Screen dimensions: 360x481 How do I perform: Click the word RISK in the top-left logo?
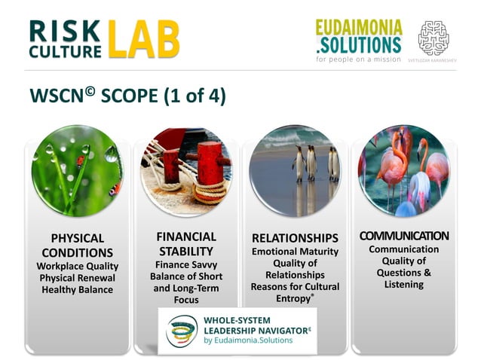click(64, 29)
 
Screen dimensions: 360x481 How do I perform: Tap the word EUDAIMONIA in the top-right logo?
click(358, 26)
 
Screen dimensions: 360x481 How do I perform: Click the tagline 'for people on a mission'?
click(359, 58)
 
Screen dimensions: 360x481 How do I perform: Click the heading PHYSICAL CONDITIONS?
click(77, 246)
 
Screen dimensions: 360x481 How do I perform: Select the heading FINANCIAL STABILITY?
click(187, 243)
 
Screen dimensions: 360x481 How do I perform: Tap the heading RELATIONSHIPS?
click(295, 238)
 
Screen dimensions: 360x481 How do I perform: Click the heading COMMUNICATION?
click(403, 236)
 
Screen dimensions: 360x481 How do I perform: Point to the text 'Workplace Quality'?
click(77, 266)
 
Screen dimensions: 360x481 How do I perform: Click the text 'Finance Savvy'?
click(187, 264)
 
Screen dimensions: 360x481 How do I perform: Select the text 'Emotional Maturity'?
click(295, 252)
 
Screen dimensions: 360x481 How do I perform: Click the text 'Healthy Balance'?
click(77, 289)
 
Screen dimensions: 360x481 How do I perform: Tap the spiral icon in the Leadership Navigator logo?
click(182, 330)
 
